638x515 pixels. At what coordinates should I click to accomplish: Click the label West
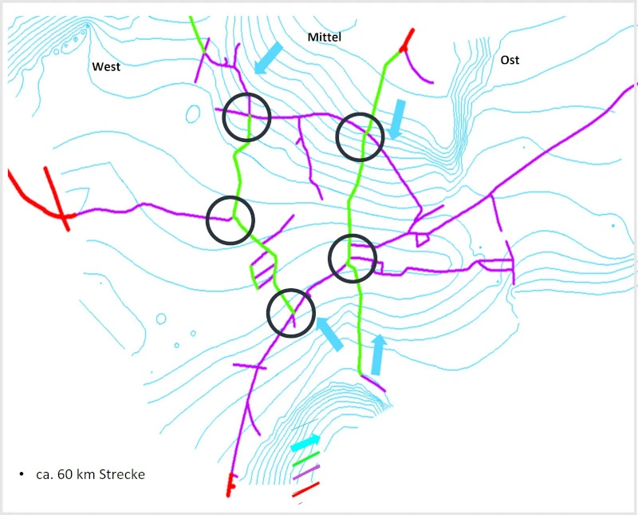pos(106,66)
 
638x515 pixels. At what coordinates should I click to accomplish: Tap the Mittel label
pos(325,37)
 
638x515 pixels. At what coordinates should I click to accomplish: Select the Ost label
pos(510,60)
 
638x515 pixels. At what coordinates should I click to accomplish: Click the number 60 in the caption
pos(65,474)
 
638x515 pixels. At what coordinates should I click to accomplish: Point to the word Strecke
pos(122,474)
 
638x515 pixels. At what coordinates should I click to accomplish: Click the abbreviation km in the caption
pos(85,474)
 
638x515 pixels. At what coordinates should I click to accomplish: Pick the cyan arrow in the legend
pos(305,443)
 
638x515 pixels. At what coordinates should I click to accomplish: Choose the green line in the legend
pos(306,459)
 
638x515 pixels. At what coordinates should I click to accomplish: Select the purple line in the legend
pos(306,473)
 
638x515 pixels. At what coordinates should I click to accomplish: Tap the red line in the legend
pos(305,489)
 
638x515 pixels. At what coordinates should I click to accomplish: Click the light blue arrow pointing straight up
pos(378,355)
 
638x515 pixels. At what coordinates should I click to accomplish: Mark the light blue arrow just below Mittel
pos(269,57)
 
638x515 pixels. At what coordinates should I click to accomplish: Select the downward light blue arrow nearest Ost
pos(397,119)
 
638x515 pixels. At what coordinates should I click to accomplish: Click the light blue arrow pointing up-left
pos(329,334)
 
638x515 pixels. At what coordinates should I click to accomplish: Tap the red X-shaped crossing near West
pos(62,215)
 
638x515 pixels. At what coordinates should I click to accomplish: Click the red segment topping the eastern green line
pos(407,41)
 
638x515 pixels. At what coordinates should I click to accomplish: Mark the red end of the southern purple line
pos(230,485)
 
